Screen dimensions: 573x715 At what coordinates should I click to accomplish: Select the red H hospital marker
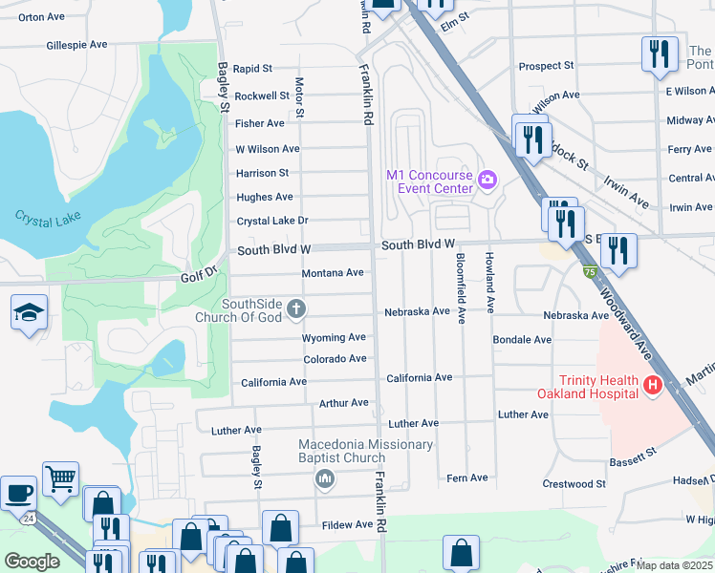coord(652,386)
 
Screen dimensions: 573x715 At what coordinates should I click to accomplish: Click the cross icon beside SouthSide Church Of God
coord(296,308)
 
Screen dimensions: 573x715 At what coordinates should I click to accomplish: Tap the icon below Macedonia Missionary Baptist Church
coord(325,477)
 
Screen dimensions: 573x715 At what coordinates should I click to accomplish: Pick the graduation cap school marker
coord(30,312)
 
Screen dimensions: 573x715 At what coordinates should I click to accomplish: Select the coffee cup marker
coord(18,493)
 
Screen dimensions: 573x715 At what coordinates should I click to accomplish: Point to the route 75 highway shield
coord(589,272)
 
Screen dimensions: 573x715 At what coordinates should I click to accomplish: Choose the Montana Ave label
coord(333,273)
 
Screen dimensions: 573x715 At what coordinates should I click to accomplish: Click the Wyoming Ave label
coord(334,338)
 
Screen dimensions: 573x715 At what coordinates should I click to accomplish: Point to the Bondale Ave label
coord(522,340)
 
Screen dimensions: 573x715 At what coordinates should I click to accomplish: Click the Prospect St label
coord(546,66)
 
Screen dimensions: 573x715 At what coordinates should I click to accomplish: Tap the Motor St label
coord(299,98)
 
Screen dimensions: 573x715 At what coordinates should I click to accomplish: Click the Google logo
coord(32,562)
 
